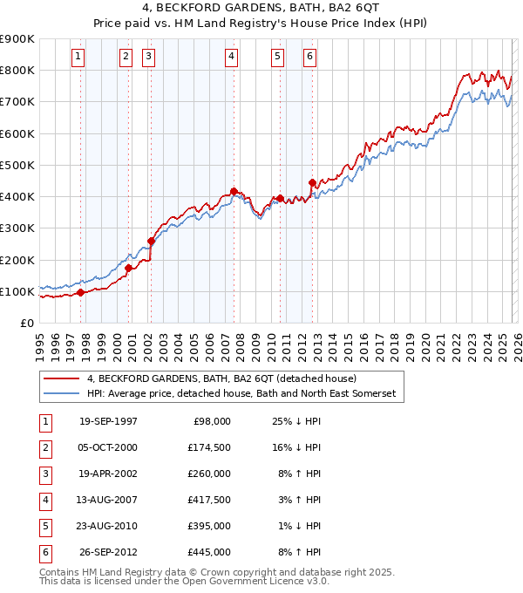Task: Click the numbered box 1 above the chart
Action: [x=78, y=58]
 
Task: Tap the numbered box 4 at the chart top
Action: [x=231, y=58]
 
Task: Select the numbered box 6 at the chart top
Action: [x=309, y=58]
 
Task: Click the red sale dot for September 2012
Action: [x=312, y=182]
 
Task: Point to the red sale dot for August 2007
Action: [x=234, y=191]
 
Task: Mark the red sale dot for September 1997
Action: [x=81, y=293]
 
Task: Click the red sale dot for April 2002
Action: [x=152, y=241]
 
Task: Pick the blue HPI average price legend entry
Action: [x=241, y=394]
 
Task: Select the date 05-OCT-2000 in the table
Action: [x=108, y=447]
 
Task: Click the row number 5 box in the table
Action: [x=44, y=526]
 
